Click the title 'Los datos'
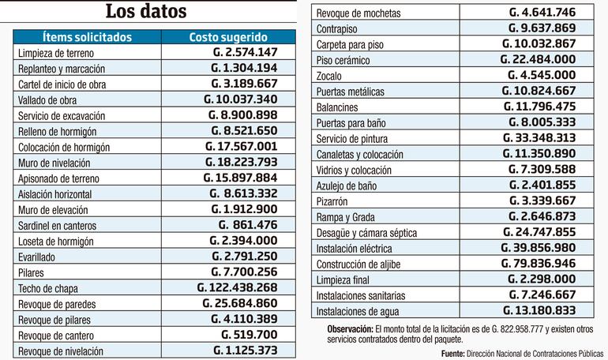(x=146, y=12)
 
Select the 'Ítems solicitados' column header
(x=87, y=37)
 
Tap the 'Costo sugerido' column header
(x=228, y=37)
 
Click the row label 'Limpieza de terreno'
(x=54, y=53)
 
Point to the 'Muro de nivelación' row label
(x=55, y=163)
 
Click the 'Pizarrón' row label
(x=335, y=201)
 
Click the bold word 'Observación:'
(x=351, y=328)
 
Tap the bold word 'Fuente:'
(x=452, y=353)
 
